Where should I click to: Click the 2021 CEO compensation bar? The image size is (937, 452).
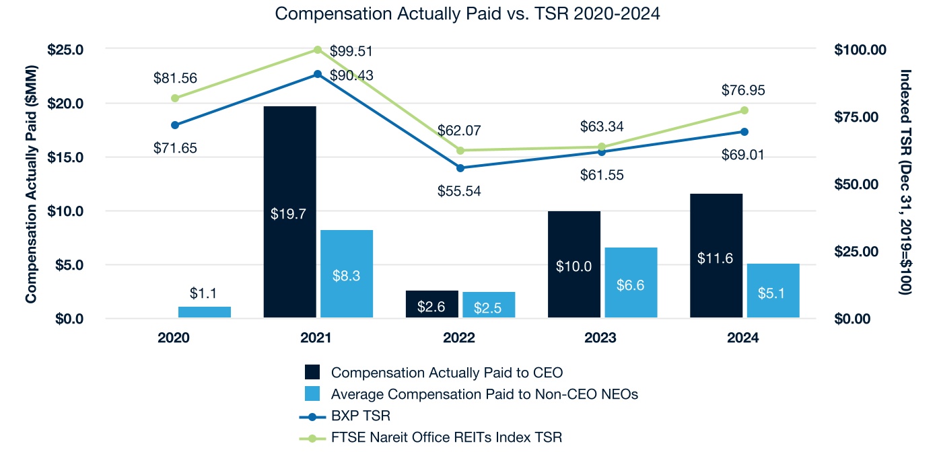coord(289,211)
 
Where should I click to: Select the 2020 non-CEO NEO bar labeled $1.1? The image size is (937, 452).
coord(204,312)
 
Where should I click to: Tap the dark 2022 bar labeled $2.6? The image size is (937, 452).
coord(432,304)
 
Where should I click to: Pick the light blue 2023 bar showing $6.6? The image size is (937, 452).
coord(631,282)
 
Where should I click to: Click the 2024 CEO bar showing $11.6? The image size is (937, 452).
coord(716,256)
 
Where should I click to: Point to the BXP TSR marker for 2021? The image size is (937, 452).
coord(318,74)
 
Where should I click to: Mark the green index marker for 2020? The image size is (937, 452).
coord(175,98)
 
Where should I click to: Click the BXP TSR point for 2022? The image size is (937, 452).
coord(460,167)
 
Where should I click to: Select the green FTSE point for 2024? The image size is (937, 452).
coord(744,110)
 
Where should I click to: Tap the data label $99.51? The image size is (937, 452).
coord(351,52)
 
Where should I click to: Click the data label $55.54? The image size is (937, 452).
coord(460,191)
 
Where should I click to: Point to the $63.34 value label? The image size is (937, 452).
coord(602,126)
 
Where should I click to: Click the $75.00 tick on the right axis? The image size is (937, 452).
coord(860,117)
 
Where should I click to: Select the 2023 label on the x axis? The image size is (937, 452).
coord(600,338)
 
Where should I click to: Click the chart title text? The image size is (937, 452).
coord(468,14)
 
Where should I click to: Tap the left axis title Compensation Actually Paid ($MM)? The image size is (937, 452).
coord(31,184)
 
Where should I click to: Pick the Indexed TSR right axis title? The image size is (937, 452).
coord(906,182)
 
